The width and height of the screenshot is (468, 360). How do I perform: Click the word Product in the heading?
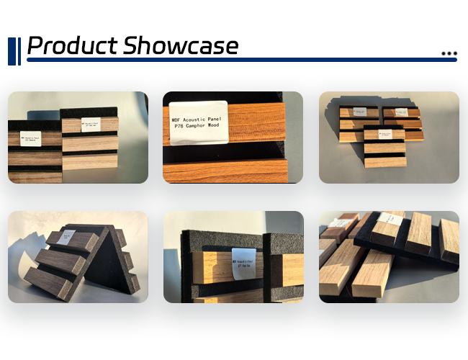pyautogui.click(x=73, y=45)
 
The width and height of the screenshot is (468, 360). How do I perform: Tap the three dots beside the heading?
pyautogui.click(x=449, y=53)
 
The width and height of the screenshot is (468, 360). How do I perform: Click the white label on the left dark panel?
pyautogui.click(x=32, y=136)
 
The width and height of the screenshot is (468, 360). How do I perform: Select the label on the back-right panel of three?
pyautogui.click(x=397, y=113)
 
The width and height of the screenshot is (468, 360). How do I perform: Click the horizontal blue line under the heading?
pyautogui.click(x=238, y=60)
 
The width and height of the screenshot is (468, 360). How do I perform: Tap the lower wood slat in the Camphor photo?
pyautogui.click(x=230, y=171)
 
